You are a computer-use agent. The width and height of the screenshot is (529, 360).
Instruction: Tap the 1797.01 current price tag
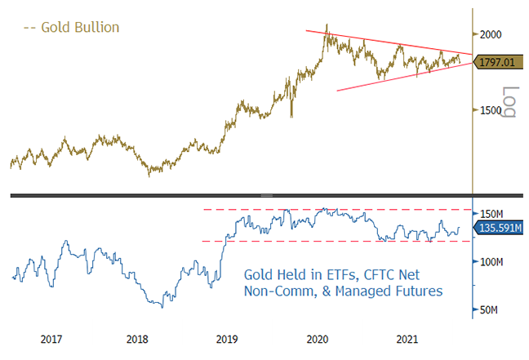tap(500, 60)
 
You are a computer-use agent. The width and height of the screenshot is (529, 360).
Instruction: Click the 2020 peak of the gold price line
tap(327, 25)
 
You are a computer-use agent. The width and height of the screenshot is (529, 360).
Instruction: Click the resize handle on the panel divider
tap(264, 195)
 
